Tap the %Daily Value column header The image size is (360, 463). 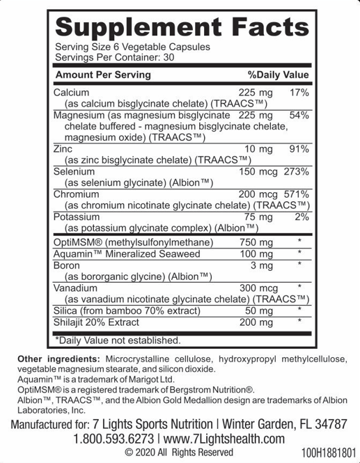click(278, 74)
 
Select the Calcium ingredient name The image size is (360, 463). click(71, 92)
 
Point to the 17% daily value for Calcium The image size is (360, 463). click(298, 92)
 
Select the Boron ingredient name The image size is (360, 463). click(67, 265)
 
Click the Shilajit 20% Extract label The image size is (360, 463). click(96, 322)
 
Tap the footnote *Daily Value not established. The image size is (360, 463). click(118, 340)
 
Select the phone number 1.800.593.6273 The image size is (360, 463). click(114, 439)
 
